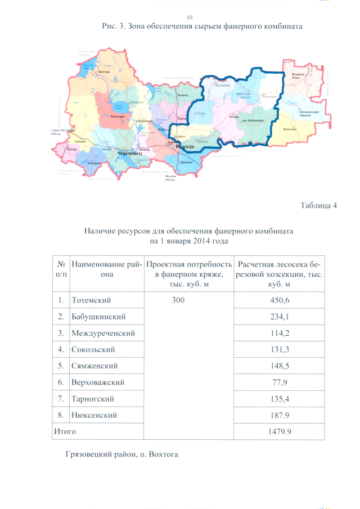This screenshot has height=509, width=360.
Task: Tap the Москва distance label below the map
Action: (x=170, y=178)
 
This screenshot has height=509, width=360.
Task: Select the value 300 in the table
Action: (x=178, y=301)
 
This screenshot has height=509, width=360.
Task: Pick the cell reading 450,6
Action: (x=280, y=301)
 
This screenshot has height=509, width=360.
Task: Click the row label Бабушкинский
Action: (x=98, y=317)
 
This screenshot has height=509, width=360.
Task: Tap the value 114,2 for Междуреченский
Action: (x=280, y=334)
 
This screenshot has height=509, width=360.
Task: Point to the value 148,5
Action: (x=280, y=366)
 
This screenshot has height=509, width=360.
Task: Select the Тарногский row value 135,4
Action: (x=280, y=399)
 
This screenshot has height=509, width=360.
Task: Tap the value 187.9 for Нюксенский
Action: (x=280, y=415)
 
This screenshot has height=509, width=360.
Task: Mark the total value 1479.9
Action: (x=280, y=431)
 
